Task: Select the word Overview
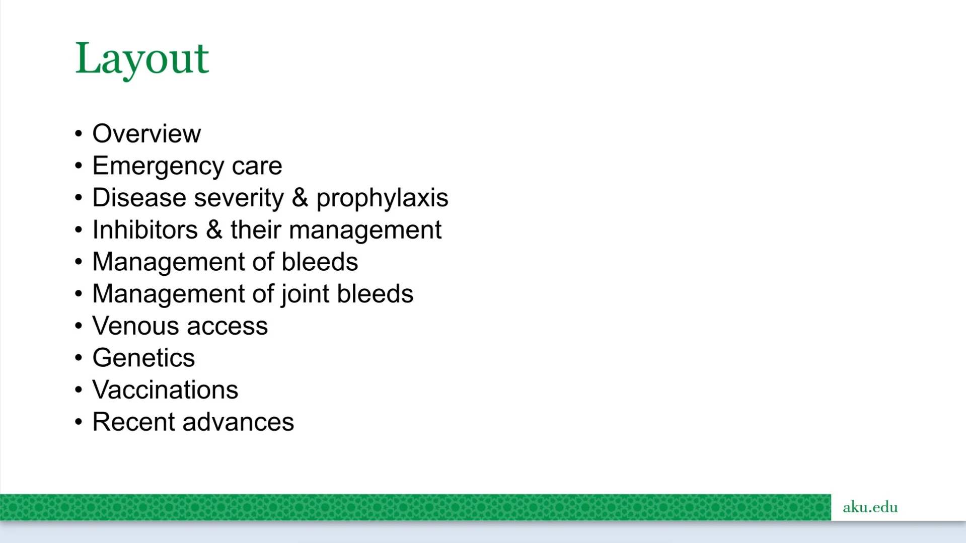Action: pyautogui.click(x=146, y=134)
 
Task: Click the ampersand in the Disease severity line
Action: pyautogui.click(x=300, y=197)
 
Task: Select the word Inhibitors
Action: pyautogui.click(x=145, y=230)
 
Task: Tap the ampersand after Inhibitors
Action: pyautogui.click(x=214, y=230)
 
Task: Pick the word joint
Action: pyautogui.click(x=306, y=294)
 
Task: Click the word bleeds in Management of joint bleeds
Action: pyautogui.click(x=375, y=294)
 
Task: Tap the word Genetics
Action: pyautogui.click(x=143, y=358)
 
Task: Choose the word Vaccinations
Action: pyautogui.click(x=165, y=390)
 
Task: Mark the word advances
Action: pyautogui.click(x=238, y=422)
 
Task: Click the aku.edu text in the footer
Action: pyautogui.click(x=870, y=507)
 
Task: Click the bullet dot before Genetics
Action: pyautogui.click(x=78, y=358)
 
